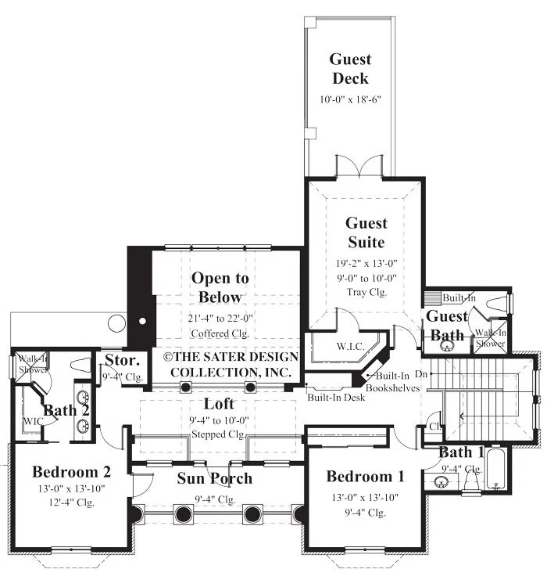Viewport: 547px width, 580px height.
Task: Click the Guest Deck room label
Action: [350, 69]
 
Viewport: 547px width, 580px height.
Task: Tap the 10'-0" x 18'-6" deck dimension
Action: [350, 99]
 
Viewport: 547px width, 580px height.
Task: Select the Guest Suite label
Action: [366, 232]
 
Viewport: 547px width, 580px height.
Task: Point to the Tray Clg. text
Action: [366, 292]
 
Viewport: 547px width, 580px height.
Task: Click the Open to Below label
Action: [220, 287]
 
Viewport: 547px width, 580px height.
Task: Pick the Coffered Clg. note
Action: [220, 333]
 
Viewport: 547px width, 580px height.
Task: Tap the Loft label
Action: [219, 404]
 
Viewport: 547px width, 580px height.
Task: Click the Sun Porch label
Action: [215, 478]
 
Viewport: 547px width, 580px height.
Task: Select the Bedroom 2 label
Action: [71, 472]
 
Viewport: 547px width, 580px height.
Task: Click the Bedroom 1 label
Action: [365, 476]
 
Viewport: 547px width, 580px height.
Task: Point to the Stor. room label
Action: [122, 360]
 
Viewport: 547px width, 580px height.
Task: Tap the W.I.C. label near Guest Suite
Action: [351, 347]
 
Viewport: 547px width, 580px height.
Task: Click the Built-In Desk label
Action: [336, 398]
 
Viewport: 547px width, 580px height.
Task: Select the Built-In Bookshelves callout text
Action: [393, 382]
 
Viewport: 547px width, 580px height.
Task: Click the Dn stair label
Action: [421, 374]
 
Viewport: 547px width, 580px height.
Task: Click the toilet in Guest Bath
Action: [497, 304]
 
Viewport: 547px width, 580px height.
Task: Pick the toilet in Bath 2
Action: [80, 365]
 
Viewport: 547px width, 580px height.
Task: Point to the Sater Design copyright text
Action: [231, 364]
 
